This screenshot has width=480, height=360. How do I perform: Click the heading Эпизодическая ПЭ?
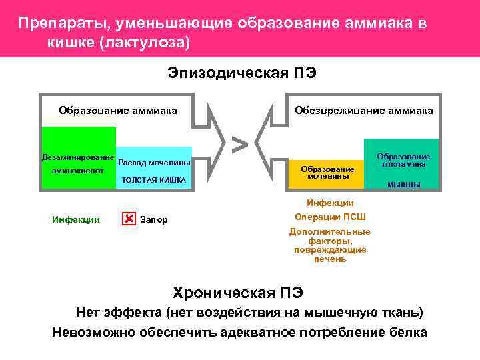point(242,73)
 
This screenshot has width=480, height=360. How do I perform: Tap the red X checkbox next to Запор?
point(129,219)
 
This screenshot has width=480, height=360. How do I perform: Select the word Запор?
point(155,219)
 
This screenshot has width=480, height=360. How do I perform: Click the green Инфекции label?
point(76,219)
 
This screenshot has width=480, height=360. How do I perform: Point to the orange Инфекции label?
point(330,203)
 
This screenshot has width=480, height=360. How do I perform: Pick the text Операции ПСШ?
point(330,217)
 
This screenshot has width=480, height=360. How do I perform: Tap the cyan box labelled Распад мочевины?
point(154,163)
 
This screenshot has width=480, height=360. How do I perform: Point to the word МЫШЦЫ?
point(403,185)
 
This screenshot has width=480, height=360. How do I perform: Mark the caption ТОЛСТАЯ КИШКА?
point(154,180)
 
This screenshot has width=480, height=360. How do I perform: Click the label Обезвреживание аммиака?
point(364,110)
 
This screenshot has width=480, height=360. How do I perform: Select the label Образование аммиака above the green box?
point(118,110)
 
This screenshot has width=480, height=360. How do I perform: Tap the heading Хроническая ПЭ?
point(238,293)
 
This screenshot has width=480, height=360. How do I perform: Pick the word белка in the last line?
point(408,333)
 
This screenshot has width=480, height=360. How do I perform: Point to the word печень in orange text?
point(330,259)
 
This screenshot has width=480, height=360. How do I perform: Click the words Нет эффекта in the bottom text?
point(119,312)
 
